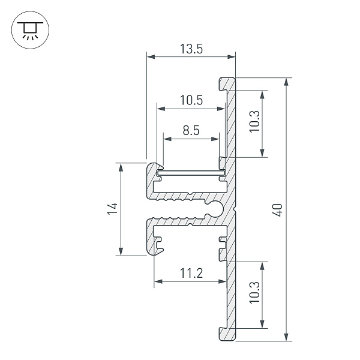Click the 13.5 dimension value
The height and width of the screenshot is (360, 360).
point(191,49)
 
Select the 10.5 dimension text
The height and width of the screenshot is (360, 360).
point(191,100)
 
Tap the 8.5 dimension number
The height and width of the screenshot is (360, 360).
point(191,130)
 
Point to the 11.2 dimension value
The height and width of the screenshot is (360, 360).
point(191,273)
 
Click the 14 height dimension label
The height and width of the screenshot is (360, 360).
point(113,208)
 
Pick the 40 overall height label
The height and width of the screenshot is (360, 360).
point(278,210)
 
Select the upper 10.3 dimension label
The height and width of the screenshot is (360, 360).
point(254,122)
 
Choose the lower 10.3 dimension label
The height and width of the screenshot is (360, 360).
point(254,293)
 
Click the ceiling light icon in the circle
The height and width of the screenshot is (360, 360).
point(30,30)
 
